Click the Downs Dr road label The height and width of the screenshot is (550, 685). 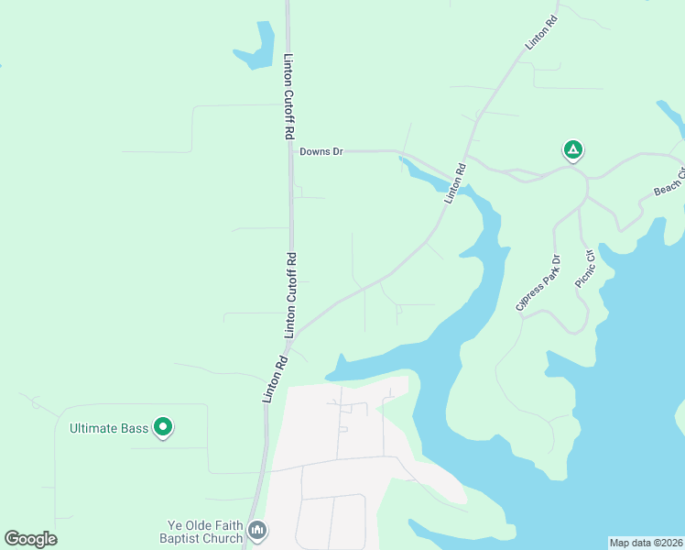[321, 151]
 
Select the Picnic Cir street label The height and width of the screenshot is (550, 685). [584, 265]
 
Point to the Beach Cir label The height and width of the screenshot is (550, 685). [669, 181]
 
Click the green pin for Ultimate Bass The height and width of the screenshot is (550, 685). [163, 427]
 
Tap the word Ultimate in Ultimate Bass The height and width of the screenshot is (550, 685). [96, 428]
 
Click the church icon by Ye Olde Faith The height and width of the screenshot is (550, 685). [257, 530]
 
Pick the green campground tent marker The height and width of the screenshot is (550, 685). [572, 149]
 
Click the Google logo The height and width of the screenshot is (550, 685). [30, 539]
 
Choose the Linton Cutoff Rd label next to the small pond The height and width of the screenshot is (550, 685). [288, 96]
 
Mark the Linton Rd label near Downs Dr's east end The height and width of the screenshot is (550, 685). [455, 183]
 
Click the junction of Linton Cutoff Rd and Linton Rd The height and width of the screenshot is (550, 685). [293, 335]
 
